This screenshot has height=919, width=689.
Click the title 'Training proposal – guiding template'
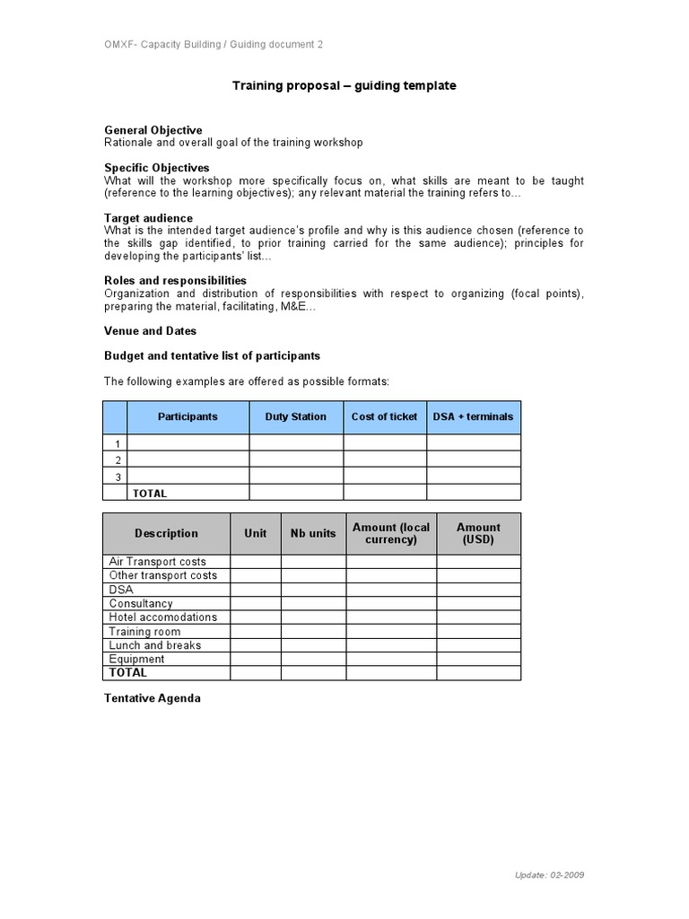coord(344,86)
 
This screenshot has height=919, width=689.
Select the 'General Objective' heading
coord(153,130)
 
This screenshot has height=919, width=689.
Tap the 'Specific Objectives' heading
coord(157,168)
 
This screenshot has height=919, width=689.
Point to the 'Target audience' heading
coord(148,218)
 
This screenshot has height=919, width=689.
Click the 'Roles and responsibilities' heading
coord(175,281)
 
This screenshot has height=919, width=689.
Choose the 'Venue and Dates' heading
coord(150,331)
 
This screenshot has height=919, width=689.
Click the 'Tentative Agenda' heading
coord(153,698)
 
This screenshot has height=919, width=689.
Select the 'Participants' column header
coord(188,417)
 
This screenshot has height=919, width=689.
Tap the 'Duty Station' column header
coord(295,417)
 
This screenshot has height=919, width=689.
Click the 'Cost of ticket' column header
coord(384,417)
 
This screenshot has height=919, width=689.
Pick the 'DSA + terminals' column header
coord(473,417)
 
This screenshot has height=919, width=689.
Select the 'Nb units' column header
coord(313,533)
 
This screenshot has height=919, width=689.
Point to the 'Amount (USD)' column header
coord(478,533)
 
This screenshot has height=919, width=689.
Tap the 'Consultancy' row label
coord(141,604)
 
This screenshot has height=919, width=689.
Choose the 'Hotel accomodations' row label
coord(163,617)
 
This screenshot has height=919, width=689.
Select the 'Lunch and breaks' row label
coord(155,645)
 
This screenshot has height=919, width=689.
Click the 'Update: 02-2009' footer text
coord(550,875)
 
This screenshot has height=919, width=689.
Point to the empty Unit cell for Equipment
coord(255,659)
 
